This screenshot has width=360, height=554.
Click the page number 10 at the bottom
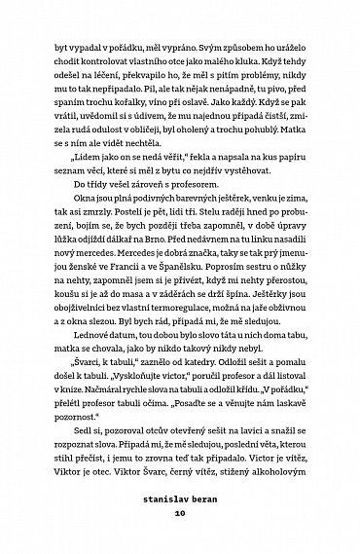point(179,536)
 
